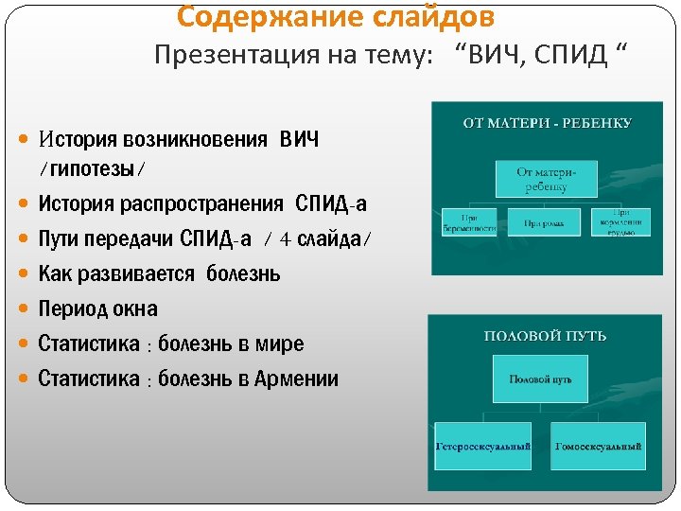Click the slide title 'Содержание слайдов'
335,17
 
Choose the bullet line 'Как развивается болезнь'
159,274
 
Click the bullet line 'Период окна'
97,309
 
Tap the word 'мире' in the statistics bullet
281,344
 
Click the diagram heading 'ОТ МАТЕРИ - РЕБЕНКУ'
548,123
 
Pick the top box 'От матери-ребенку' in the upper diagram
547,178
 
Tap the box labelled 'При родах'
546,222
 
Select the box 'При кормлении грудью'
620,221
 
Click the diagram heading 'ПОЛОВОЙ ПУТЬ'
546,336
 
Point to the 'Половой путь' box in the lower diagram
541,379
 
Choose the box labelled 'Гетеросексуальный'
483,446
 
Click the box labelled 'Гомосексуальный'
599,446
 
